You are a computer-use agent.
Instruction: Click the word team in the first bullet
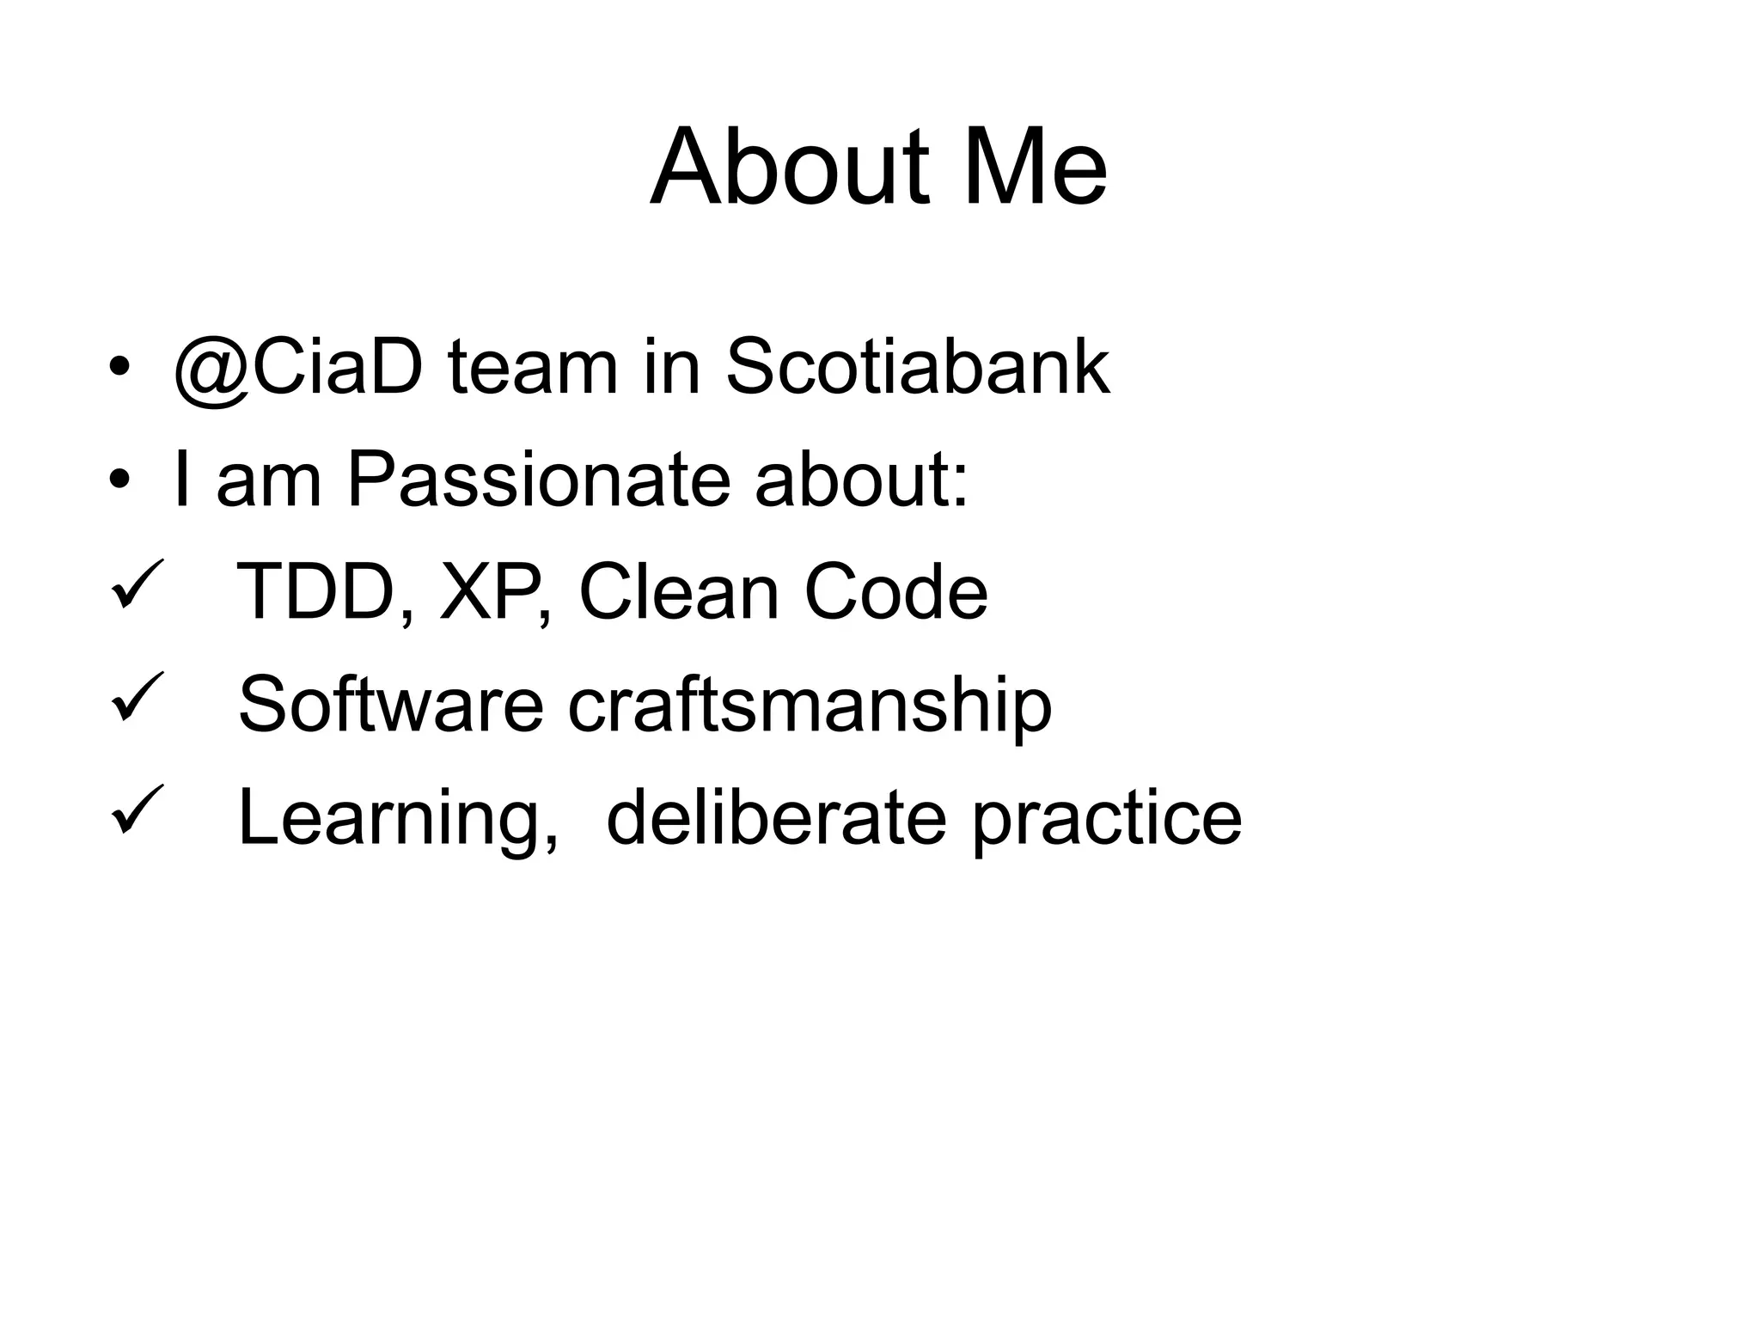532,369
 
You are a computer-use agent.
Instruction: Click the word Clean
679,592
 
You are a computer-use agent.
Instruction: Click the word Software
391,705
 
